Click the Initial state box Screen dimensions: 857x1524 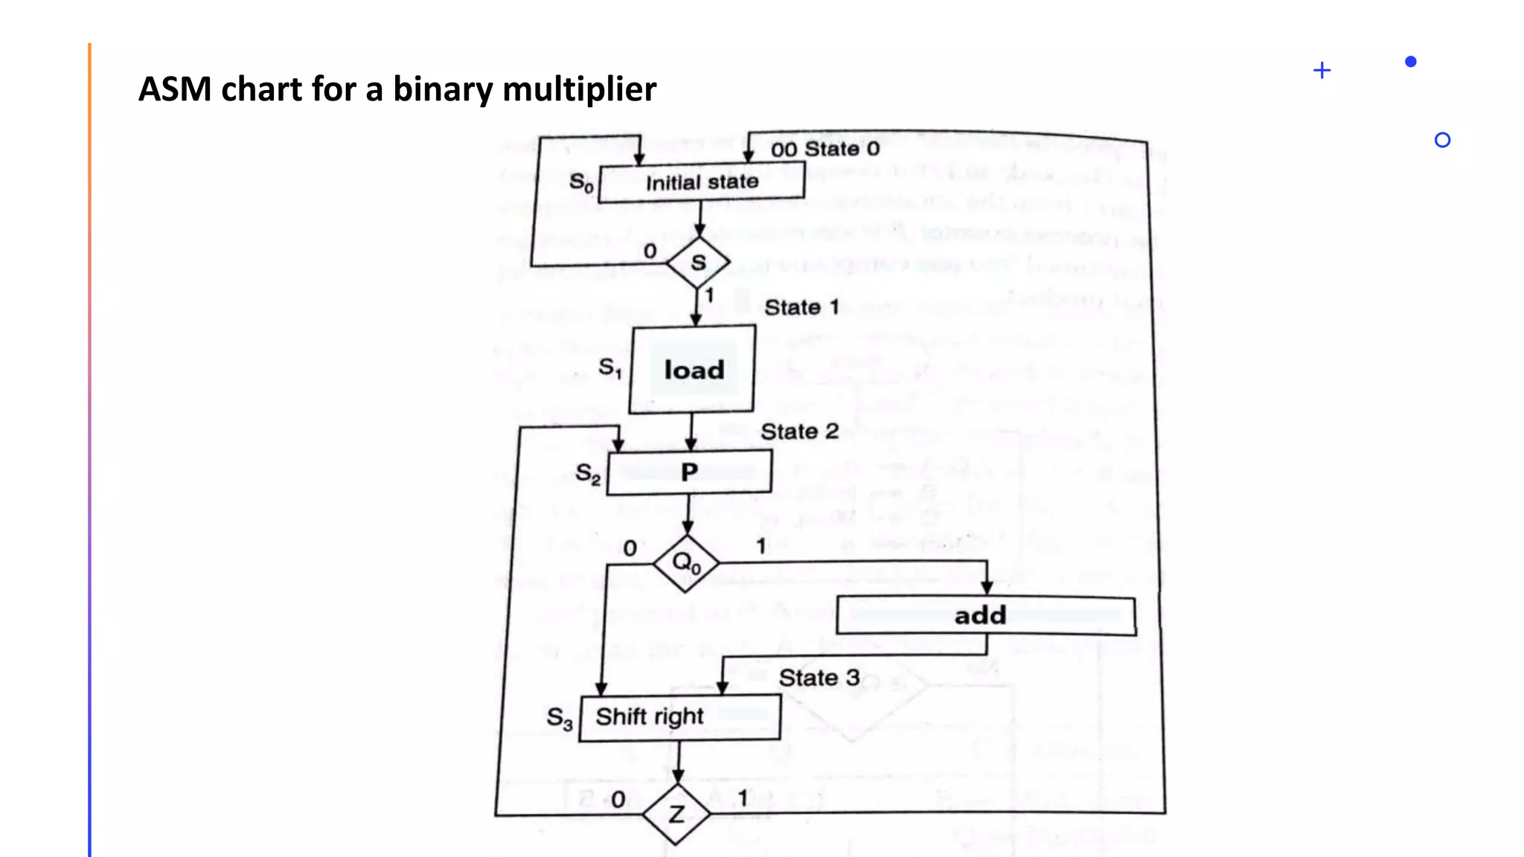click(x=701, y=183)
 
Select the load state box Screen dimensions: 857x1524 click(x=693, y=370)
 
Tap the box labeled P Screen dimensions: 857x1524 click(x=689, y=472)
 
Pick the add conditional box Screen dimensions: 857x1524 click(x=985, y=616)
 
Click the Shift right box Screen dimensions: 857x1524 click(x=679, y=717)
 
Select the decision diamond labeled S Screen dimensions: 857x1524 click(x=698, y=263)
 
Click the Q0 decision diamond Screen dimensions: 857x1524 click(x=686, y=563)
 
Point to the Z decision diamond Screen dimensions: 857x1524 click(x=676, y=815)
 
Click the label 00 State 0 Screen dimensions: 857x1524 click(x=825, y=150)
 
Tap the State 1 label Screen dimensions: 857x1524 click(x=801, y=307)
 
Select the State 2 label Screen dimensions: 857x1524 click(x=799, y=431)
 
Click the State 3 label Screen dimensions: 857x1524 click(x=819, y=678)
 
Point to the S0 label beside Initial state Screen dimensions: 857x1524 click(x=581, y=183)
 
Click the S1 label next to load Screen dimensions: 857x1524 click(x=610, y=368)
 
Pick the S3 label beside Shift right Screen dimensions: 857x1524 click(x=560, y=719)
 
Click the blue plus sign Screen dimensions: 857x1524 click(x=1322, y=71)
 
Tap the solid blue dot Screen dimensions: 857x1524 click(x=1410, y=62)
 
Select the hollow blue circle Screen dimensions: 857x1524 click(x=1442, y=140)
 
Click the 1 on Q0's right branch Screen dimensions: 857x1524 click(x=761, y=547)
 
